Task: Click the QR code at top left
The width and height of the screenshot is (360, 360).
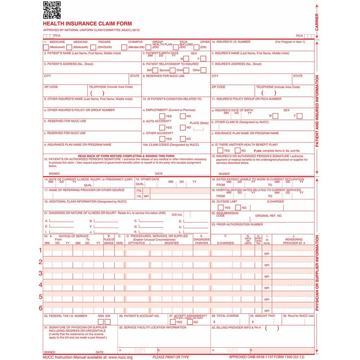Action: [x=52, y=10]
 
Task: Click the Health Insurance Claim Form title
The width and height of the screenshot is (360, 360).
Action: [x=87, y=24]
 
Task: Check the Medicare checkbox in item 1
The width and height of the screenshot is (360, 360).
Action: [x=46, y=47]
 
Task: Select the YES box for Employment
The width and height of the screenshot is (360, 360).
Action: [x=162, y=116]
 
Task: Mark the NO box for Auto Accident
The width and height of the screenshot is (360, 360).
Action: [x=183, y=127]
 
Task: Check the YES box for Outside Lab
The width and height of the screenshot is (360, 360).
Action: [x=221, y=207]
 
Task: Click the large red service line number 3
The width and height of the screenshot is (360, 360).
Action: [x=41, y=273]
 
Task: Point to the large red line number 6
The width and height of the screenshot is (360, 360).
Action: [x=41, y=308]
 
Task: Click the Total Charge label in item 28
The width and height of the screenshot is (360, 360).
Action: [x=228, y=316]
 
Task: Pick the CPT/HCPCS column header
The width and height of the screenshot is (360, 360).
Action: [x=136, y=243]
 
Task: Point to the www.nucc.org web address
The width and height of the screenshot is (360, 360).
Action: [x=120, y=357]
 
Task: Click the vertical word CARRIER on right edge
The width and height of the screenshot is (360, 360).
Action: [x=317, y=22]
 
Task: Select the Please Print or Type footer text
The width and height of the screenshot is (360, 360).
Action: [x=171, y=357]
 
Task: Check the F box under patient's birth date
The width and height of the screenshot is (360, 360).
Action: [x=203, y=59]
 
